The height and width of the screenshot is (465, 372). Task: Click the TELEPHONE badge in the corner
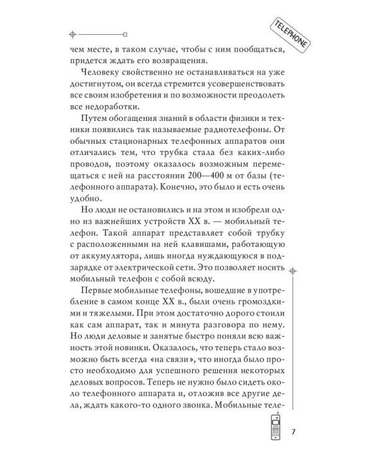(290, 34)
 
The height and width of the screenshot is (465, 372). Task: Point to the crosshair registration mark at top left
(73, 33)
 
